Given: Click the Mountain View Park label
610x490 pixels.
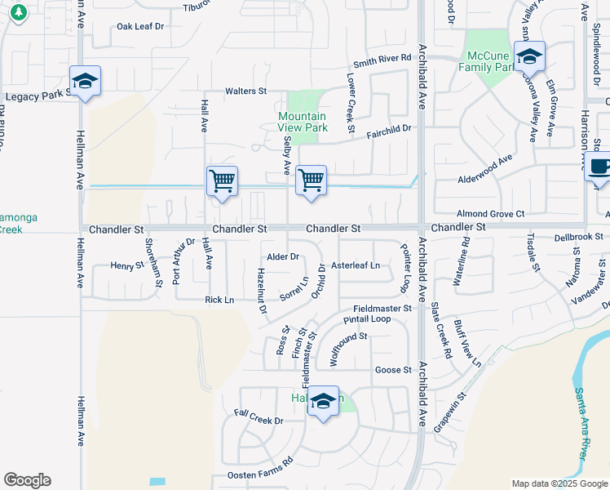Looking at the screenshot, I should click(x=303, y=122).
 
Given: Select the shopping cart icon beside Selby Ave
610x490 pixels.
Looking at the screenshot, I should click(x=311, y=180).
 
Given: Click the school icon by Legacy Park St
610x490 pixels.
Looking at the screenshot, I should click(x=85, y=82).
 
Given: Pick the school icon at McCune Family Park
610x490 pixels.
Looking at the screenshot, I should click(x=529, y=57).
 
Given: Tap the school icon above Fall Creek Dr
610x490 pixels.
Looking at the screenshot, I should click(x=324, y=402).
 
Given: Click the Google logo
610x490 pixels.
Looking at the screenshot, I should click(x=27, y=480).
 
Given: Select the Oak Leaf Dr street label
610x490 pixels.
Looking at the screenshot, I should click(x=140, y=26).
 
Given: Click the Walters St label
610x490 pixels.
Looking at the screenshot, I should click(x=245, y=91).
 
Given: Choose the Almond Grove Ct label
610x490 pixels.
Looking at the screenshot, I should click(x=490, y=212).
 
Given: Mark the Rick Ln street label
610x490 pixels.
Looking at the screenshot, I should click(x=219, y=300).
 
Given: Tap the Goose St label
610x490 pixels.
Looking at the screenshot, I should click(x=393, y=370).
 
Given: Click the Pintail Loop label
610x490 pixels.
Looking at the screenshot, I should click(x=367, y=319).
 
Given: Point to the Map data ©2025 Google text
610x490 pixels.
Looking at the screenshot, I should click(x=559, y=483).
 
